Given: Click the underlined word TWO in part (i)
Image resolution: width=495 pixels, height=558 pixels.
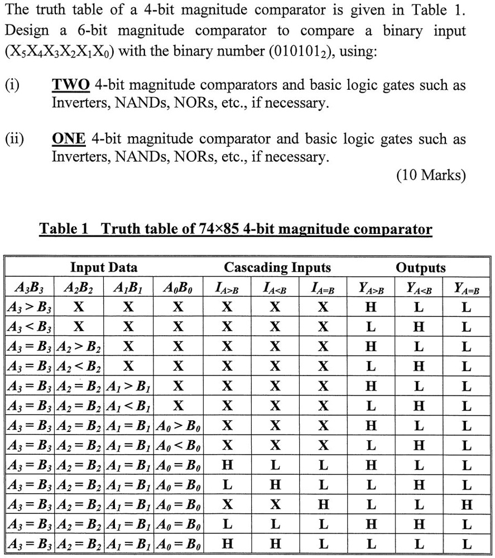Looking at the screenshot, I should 71,85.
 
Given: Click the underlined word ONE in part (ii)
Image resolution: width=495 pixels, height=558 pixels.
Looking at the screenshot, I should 69,139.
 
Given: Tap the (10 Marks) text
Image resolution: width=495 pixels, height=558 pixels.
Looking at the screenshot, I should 430,176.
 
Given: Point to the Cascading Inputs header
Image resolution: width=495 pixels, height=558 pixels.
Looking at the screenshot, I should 277,267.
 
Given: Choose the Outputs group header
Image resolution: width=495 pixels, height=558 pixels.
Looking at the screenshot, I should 420,267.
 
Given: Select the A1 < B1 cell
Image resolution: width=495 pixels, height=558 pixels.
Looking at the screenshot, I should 129,406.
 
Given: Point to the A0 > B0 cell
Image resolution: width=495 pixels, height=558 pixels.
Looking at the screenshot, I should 178,426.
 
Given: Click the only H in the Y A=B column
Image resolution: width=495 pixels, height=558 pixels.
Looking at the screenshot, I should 467,505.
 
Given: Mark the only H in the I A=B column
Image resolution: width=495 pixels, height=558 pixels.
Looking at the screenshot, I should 323,505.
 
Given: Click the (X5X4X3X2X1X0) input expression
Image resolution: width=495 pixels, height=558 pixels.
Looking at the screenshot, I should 59,54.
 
